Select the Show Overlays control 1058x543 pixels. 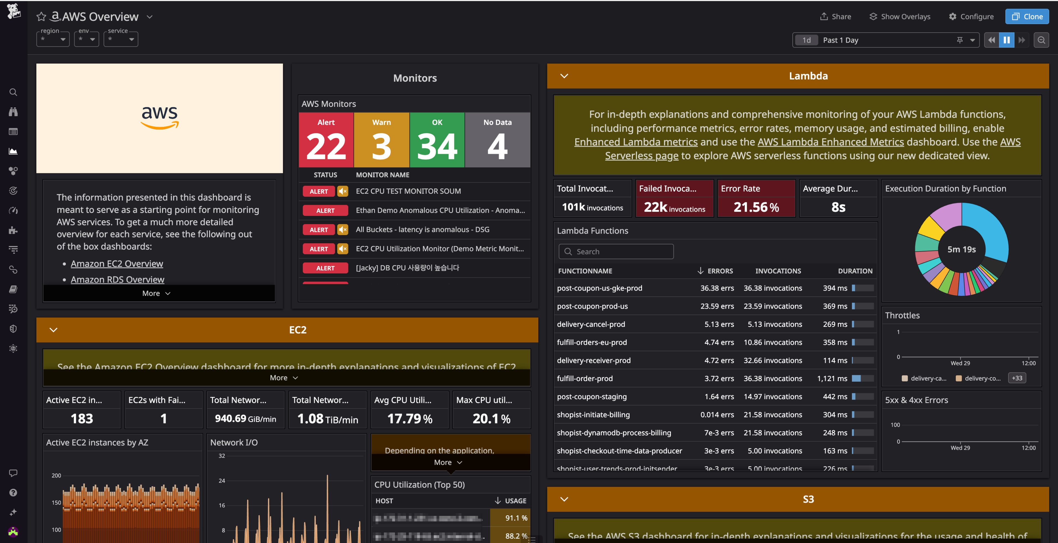(900, 16)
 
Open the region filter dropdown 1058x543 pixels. (53, 39)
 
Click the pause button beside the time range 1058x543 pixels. (1006, 40)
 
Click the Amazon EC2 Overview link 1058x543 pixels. (117, 263)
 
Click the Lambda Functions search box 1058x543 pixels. (616, 252)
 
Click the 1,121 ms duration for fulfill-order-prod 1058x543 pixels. (832, 378)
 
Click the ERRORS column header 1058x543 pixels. (720, 271)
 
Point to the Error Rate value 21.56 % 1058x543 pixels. (756, 207)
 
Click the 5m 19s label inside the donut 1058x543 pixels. (961, 249)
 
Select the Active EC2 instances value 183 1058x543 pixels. (82, 419)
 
